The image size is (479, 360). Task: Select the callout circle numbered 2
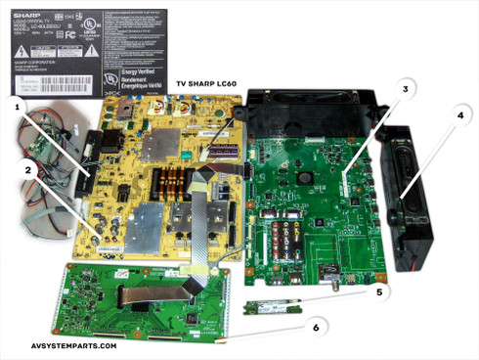(30, 169)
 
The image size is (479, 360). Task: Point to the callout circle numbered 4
(458, 113)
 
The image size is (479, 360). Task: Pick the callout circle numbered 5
(378, 291)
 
